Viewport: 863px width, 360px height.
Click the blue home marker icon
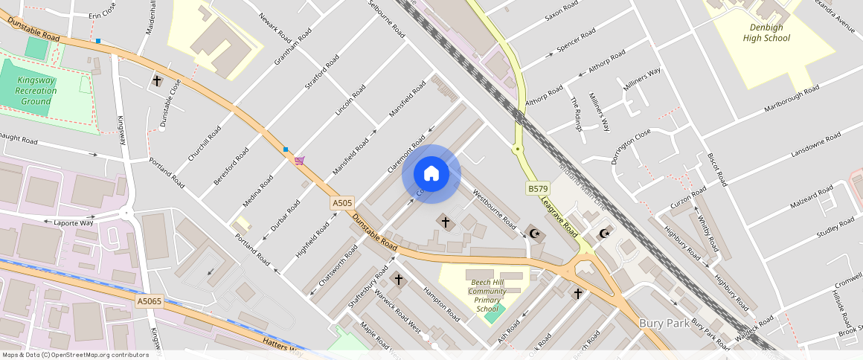431,174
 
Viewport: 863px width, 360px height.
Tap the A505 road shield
342,202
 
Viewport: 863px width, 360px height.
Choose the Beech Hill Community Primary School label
487,295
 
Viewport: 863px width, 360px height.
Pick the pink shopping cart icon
299,161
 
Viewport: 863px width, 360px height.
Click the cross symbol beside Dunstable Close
157,80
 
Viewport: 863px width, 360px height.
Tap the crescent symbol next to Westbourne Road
533,234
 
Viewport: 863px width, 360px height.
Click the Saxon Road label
561,11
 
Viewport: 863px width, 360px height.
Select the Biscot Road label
716,170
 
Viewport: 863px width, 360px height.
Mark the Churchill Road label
205,144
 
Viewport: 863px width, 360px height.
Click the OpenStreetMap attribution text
74,355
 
